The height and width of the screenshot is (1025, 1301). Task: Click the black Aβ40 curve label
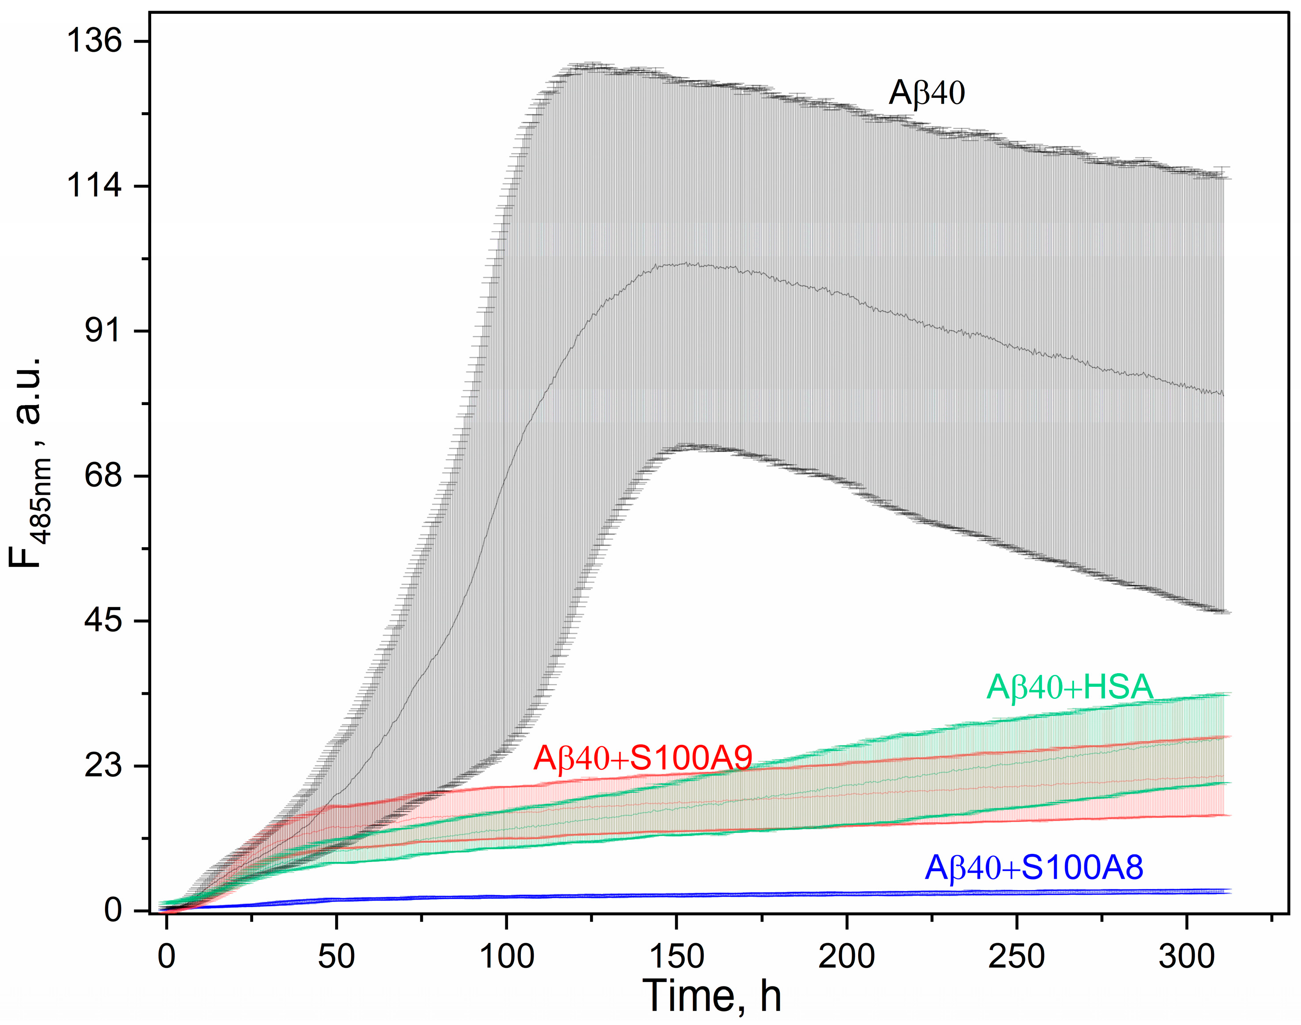(x=926, y=93)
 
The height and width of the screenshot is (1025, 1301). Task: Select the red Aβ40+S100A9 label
(x=642, y=758)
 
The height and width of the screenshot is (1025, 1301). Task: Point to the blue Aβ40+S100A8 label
(x=1034, y=867)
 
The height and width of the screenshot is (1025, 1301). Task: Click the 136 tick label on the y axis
(x=94, y=41)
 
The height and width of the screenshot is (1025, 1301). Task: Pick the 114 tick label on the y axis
(x=94, y=186)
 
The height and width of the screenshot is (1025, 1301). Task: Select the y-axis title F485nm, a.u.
(x=27, y=462)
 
